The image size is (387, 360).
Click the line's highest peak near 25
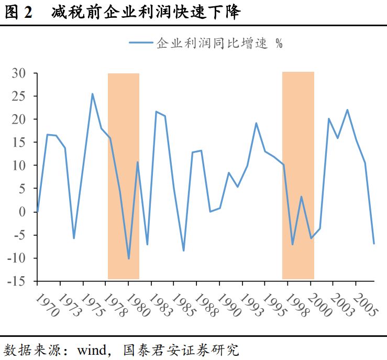tap(92, 94)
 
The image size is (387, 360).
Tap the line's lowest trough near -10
tap(129, 258)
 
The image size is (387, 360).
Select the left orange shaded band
tap(124, 176)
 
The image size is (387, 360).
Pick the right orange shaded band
tap(298, 176)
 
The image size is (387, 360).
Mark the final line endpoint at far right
tap(374, 243)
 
